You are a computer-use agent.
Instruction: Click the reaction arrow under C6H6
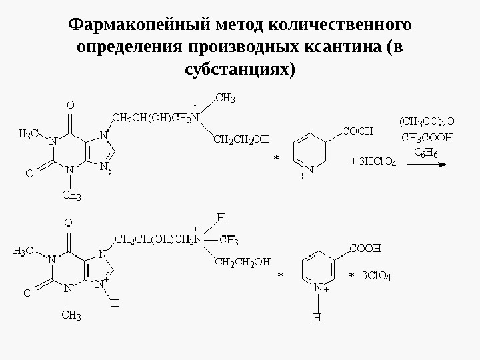427,167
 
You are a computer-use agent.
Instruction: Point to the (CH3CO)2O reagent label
427,122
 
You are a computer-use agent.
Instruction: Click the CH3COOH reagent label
427,138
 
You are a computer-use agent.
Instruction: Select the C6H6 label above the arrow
427,153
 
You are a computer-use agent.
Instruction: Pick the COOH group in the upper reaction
357,131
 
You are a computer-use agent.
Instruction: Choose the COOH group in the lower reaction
365,247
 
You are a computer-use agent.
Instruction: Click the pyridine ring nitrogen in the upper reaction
311,170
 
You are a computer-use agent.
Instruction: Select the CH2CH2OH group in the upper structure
241,139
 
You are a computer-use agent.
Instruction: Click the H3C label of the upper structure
27,134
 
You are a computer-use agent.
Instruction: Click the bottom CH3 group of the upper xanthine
71,195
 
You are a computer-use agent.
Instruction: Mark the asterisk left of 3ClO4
351,275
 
